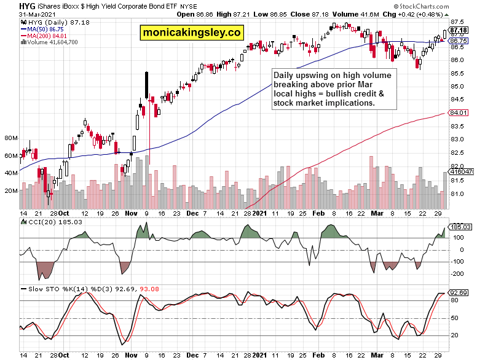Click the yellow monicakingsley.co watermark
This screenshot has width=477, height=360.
pos(192,33)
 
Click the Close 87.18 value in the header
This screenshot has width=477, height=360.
pos(293,14)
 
